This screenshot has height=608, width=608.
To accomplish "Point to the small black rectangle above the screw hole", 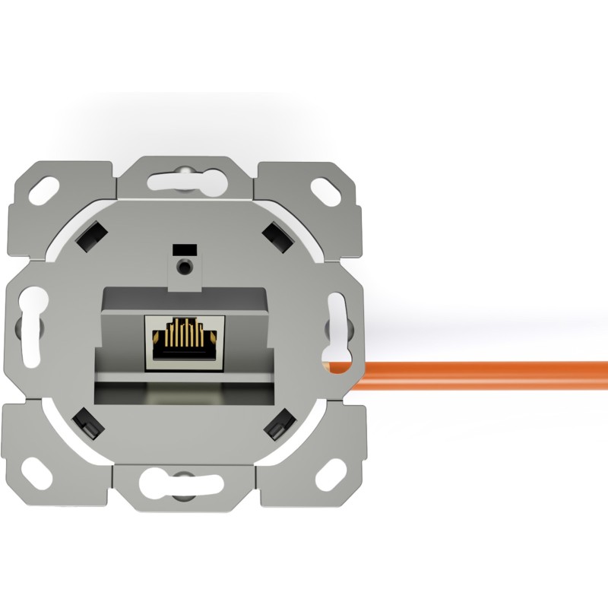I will point(183,249).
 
